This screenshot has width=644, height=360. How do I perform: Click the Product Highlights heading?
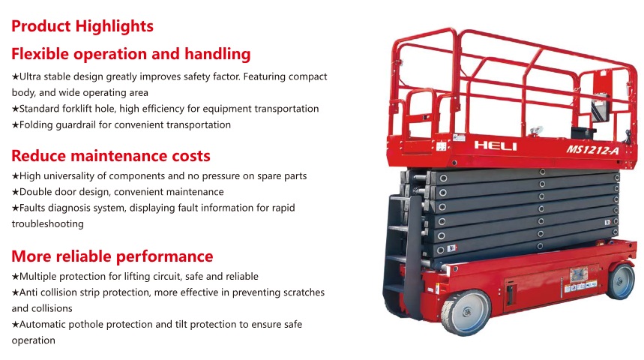[82, 26]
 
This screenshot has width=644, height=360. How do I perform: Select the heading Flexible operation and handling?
[131, 54]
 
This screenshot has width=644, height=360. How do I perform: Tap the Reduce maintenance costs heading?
[111, 156]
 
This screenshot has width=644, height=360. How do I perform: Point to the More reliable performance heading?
[112, 256]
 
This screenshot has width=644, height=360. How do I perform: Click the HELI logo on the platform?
[496, 145]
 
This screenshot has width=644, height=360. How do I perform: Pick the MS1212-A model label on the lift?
[593, 149]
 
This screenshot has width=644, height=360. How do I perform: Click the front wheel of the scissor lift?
[466, 312]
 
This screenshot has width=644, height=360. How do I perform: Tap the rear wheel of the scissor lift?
[620, 280]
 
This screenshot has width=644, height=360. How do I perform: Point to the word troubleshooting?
[48, 224]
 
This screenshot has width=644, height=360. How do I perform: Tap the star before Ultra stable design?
[15, 76]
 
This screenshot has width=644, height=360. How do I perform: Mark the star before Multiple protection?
[15, 277]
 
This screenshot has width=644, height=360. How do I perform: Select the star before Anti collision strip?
[15, 292]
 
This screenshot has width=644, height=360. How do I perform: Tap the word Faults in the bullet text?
[32, 208]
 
